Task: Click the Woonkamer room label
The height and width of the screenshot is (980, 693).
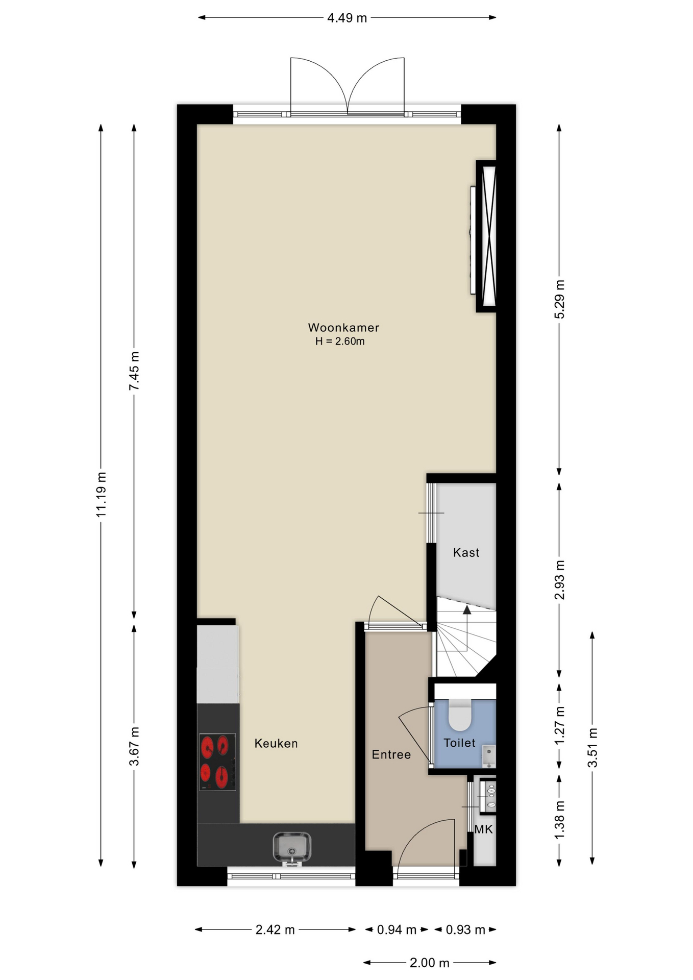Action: click(343, 328)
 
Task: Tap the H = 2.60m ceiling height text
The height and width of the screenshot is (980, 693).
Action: click(340, 341)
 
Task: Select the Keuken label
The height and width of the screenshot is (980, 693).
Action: click(276, 743)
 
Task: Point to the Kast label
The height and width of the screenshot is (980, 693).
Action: click(466, 552)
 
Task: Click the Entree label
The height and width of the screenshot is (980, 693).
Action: click(391, 754)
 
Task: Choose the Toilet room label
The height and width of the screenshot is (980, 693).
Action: click(459, 743)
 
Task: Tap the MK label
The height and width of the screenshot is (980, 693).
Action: click(484, 829)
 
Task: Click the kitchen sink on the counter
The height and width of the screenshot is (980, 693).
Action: click(292, 848)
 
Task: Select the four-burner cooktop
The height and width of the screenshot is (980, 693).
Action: click(218, 762)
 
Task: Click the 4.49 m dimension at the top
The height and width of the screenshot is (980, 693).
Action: click(347, 18)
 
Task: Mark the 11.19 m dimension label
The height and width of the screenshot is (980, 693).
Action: click(101, 495)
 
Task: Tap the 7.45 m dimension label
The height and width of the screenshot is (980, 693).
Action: click(134, 371)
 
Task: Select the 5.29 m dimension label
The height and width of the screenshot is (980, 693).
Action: click(560, 299)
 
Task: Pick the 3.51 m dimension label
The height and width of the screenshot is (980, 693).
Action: click(592, 748)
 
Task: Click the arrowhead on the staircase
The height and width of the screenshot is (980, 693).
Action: click(466, 609)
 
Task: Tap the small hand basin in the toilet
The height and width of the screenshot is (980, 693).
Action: click(489, 756)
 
